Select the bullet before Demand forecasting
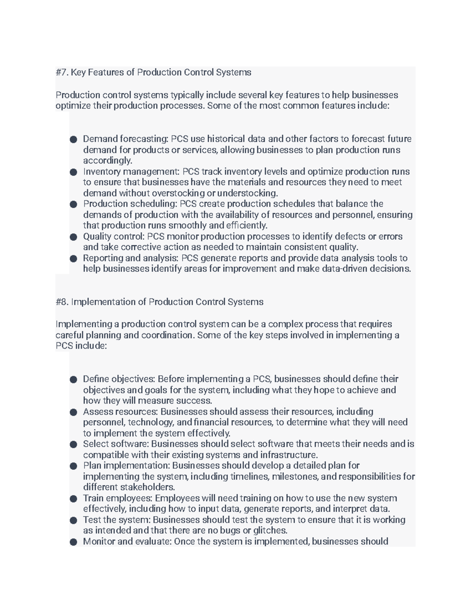[73, 139]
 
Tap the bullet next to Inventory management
[73, 172]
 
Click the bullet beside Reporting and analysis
[73, 258]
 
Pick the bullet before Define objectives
[73, 379]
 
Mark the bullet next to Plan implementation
[73, 466]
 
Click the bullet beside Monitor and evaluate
[73, 542]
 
